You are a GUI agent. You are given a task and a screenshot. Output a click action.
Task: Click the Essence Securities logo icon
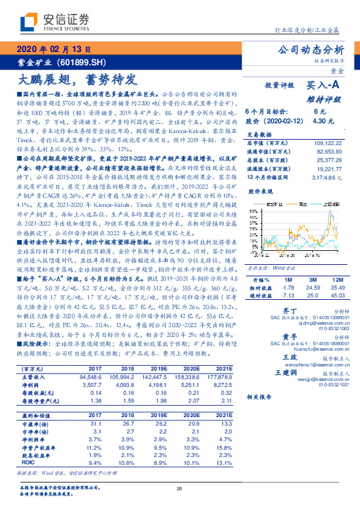click(x=27, y=22)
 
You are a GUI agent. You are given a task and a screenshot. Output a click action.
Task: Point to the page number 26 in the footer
click(x=179, y=488)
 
